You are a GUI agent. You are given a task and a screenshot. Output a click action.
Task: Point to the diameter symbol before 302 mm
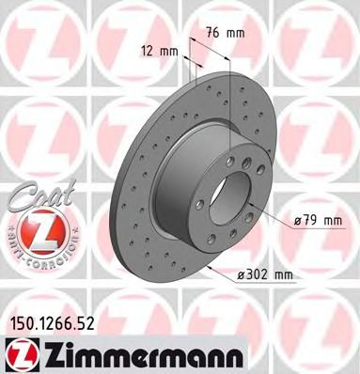pyautogui.click(x=242, y=274)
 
